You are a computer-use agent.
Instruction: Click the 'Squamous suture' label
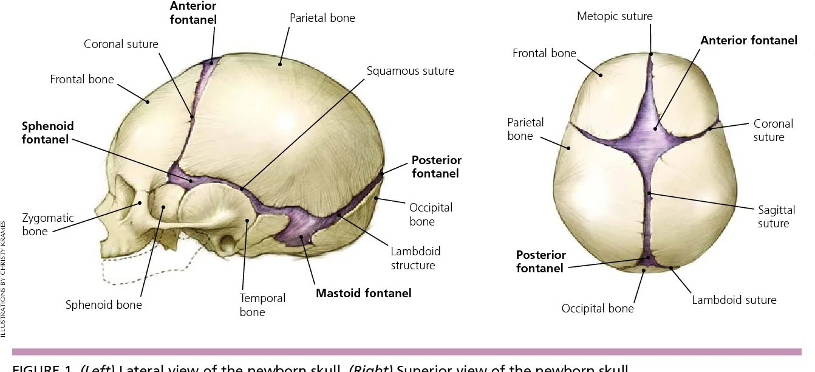[x=410, y=71]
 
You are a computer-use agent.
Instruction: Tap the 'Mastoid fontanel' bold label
[x=363, y=293]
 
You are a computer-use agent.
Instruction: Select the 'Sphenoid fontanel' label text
[x=47, y=133]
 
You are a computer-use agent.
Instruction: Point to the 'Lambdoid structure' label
[x=415, y=258]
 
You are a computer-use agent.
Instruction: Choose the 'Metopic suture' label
[x=615, y=16]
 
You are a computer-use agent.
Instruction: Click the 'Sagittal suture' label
[x=776, y=216]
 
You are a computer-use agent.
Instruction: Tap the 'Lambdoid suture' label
[x=734, y=300]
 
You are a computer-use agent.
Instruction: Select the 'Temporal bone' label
[x=262, y=305]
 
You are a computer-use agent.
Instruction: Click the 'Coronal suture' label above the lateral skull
[x=121, y=44]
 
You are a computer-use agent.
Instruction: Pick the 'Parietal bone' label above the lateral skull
[x=322, y=18]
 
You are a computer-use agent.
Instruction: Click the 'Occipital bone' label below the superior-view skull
[x=597, y=308]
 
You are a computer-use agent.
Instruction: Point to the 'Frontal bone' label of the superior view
[x=544, y=53]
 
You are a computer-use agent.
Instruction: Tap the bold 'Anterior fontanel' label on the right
[x=748, y=41]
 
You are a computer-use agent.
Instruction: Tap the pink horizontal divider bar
[x=407, y=351]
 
